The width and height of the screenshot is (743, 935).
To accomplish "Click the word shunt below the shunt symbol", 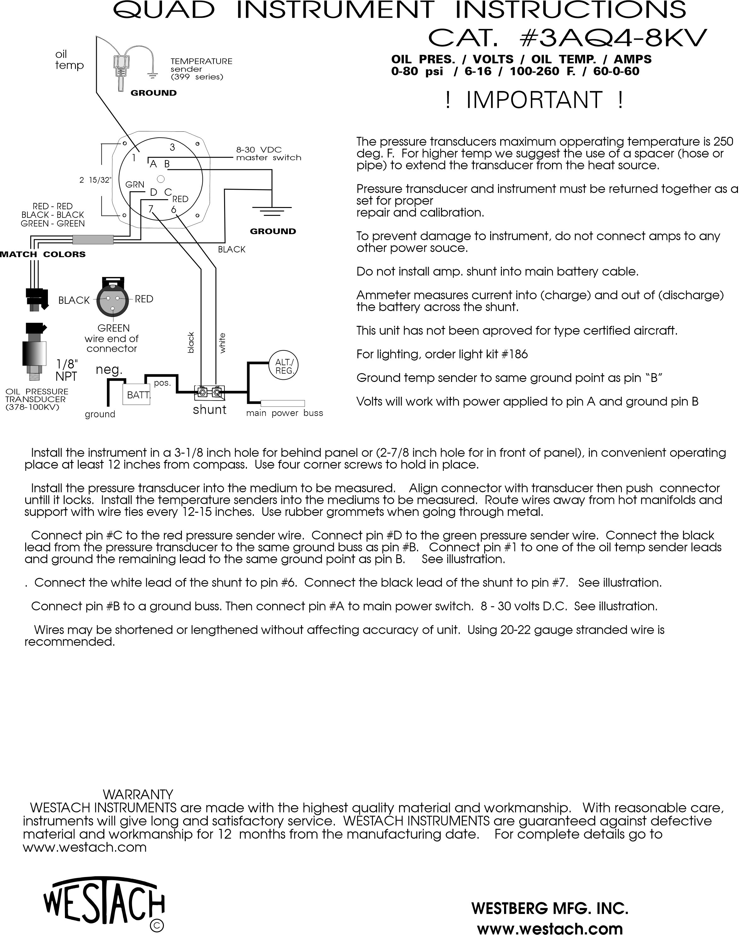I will (x=210, y=410).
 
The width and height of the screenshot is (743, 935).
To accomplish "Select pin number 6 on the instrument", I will (x=173, y=210).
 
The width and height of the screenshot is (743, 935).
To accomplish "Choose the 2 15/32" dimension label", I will (x=95, y=180).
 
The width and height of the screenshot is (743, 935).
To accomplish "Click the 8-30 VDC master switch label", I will (x=268, y=153).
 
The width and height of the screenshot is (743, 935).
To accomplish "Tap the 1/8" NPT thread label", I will (x=67, y=370).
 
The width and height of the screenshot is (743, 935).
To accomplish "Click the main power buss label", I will (x=285, y=413).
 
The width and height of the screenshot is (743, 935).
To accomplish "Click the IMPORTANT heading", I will (x=534, y=100).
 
